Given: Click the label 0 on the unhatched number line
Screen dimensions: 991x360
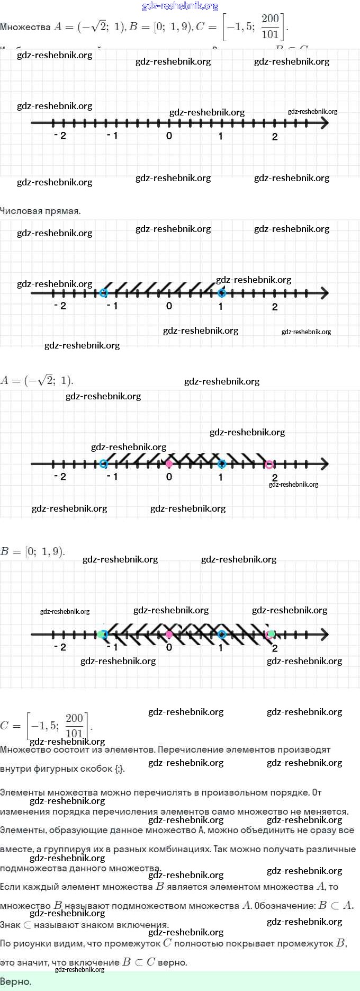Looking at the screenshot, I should [x=169, y=136].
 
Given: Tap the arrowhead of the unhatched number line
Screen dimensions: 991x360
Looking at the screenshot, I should [x=324, y=123].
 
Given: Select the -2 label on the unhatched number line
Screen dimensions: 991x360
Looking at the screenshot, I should [x=60, y=136].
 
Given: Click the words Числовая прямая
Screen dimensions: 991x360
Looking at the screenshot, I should [x=40, y=211].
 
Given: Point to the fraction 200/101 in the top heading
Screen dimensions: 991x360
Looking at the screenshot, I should [x=270, y=26].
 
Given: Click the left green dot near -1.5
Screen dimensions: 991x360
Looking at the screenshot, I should [x=100, y=634].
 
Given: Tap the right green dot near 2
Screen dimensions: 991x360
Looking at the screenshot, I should [x=272, y=633].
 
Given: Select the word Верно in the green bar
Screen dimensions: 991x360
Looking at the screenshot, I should [x=16, y=981].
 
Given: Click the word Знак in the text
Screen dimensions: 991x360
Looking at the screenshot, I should [x=10, y=925].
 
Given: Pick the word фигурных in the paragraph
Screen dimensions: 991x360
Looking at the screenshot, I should [x=58, y=769].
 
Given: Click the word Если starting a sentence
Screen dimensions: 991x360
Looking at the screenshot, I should [x=11, y=887].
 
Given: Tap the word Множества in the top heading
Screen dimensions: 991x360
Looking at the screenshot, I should [x=25, y=27].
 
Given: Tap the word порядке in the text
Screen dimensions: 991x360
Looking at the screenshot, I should [x=290, y=792].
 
